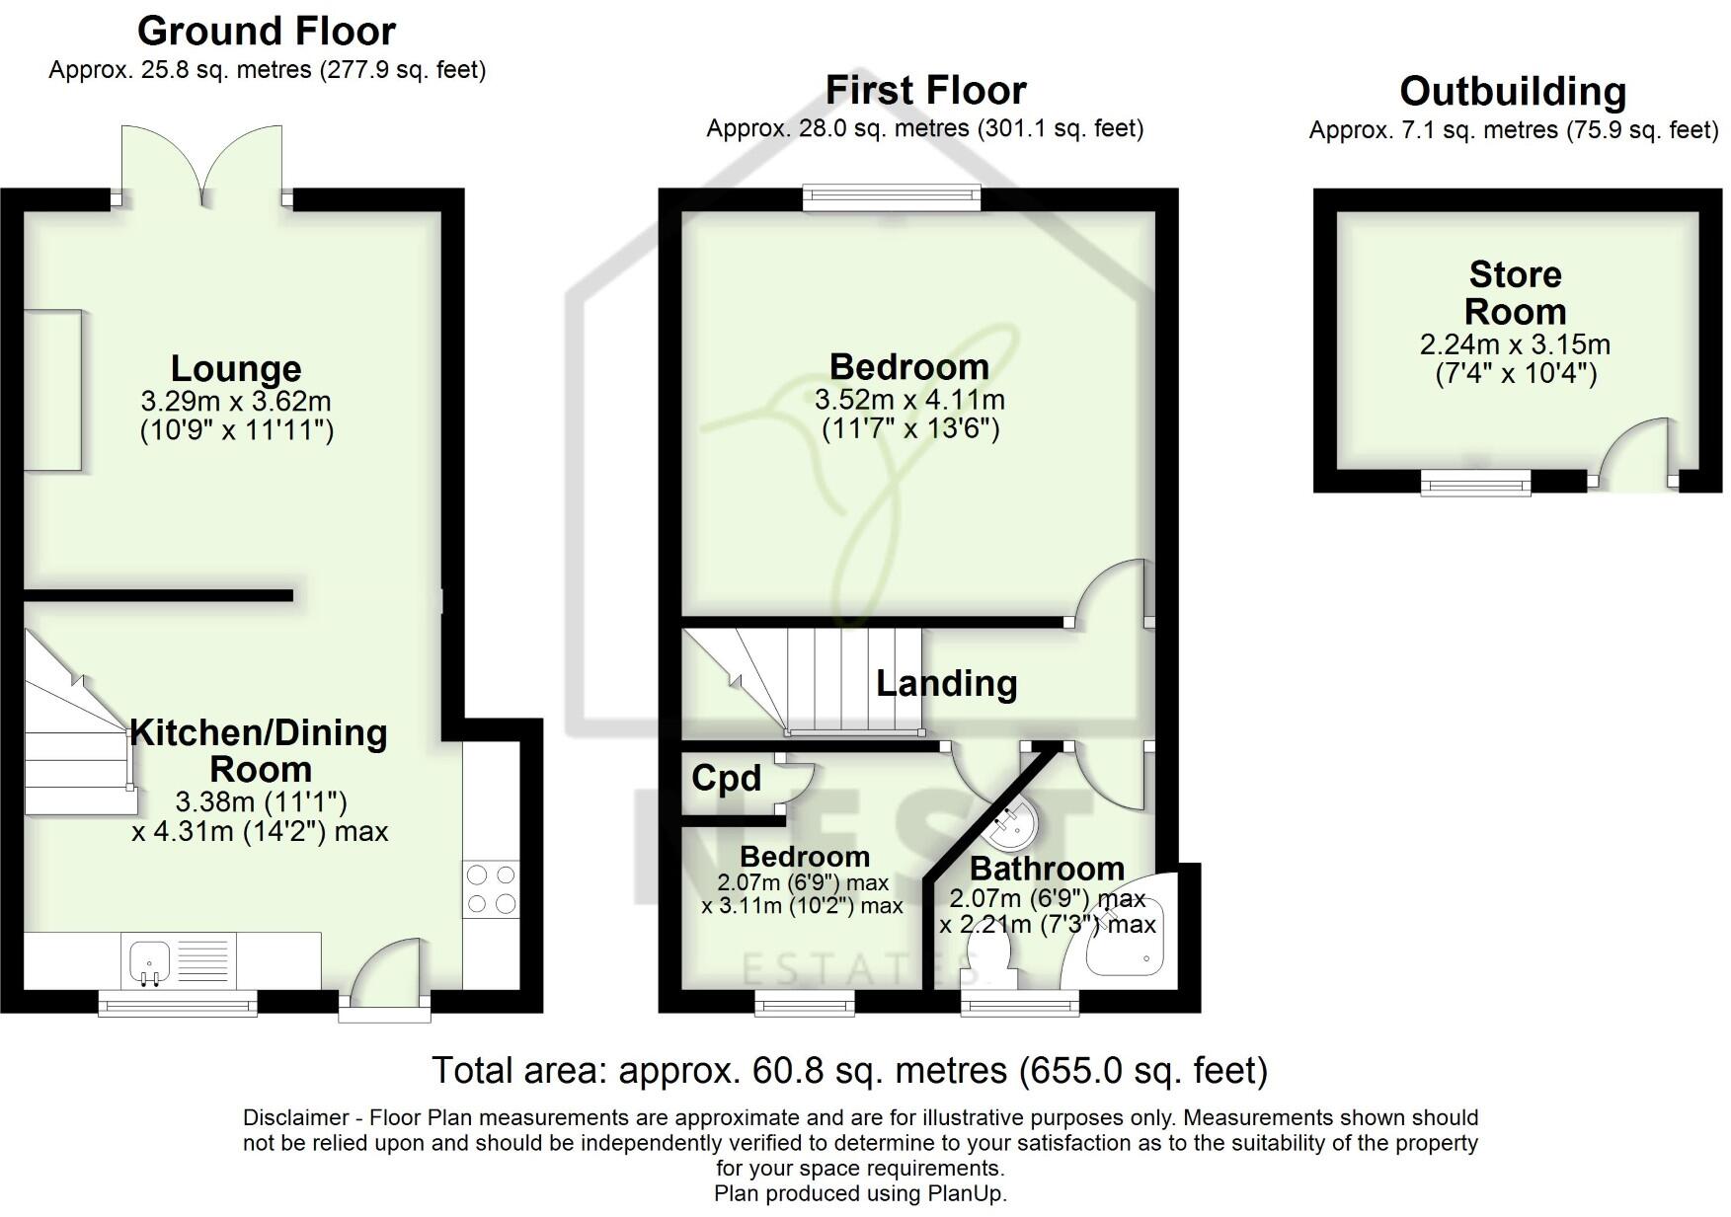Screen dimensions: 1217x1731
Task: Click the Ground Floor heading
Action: click(x=266, y=32)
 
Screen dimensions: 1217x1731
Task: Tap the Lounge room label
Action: click(x=236, y=368)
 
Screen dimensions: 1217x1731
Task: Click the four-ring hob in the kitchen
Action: click(x=491, y=889)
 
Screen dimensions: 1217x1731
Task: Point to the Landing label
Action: click(x=946, y=683)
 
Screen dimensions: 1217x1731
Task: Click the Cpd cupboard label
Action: click(x=726, y=778)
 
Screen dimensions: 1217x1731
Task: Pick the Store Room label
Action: click(x=1515, y=292)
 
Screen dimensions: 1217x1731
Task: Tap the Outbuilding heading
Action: click(x=1513, y=92)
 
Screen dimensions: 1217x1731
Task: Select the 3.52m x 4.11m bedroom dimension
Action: click(x=909, y=401)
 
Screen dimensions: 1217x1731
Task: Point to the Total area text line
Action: click(x=849, y=1070)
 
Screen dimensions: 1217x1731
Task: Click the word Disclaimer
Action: click(x=295, y=1118)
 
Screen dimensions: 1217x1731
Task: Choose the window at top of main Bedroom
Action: click(x=892, y=198)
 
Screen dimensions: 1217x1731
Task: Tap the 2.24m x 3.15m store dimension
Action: click(x=1515, y=345)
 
